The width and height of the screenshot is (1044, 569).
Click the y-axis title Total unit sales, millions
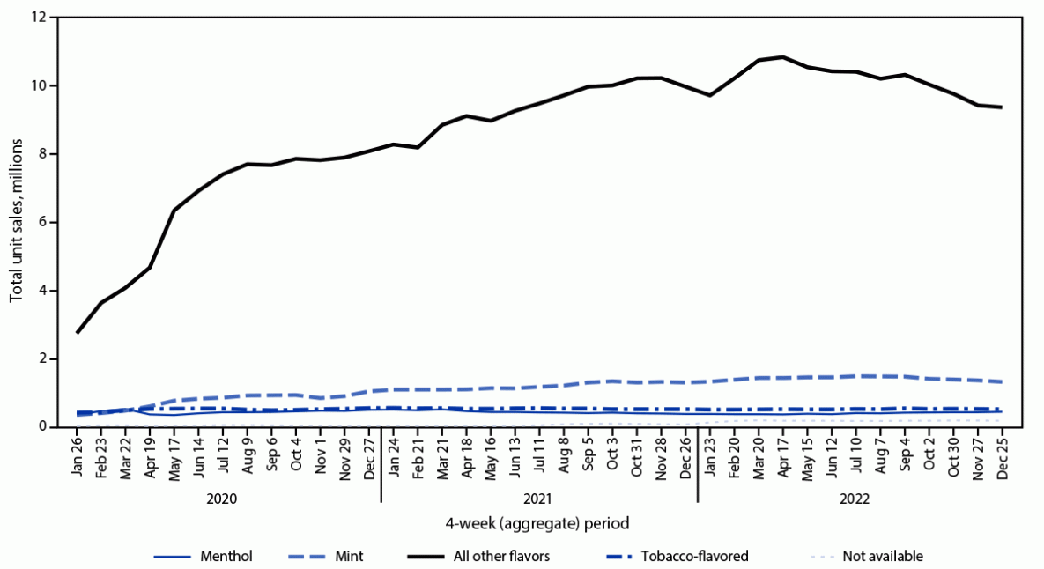[x=17, y=223]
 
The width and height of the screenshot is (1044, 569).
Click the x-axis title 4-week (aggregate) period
[x=537, y=523]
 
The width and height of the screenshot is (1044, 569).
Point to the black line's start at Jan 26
[x=78, y=332]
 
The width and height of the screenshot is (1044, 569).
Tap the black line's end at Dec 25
[x=1001, y=107]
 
